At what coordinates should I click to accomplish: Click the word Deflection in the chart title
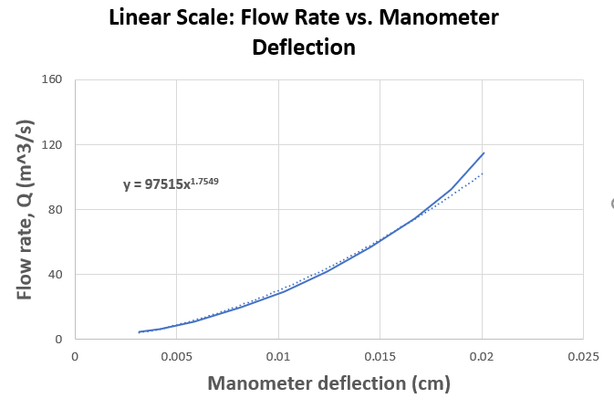[304, 47]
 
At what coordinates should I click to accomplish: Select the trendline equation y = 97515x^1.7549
[171, 184]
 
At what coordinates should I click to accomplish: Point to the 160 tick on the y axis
[52, 79]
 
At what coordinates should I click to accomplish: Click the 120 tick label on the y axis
[52, 144]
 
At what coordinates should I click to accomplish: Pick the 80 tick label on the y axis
[55, 209]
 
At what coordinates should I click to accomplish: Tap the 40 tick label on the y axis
[55, 274]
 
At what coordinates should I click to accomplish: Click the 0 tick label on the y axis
[57, 339]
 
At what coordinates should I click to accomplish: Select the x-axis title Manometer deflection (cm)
[328, 384]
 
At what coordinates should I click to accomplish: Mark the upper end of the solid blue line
[484, 152]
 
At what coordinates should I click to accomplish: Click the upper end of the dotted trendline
[484, 173]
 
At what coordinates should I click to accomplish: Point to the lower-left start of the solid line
[139, 332]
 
